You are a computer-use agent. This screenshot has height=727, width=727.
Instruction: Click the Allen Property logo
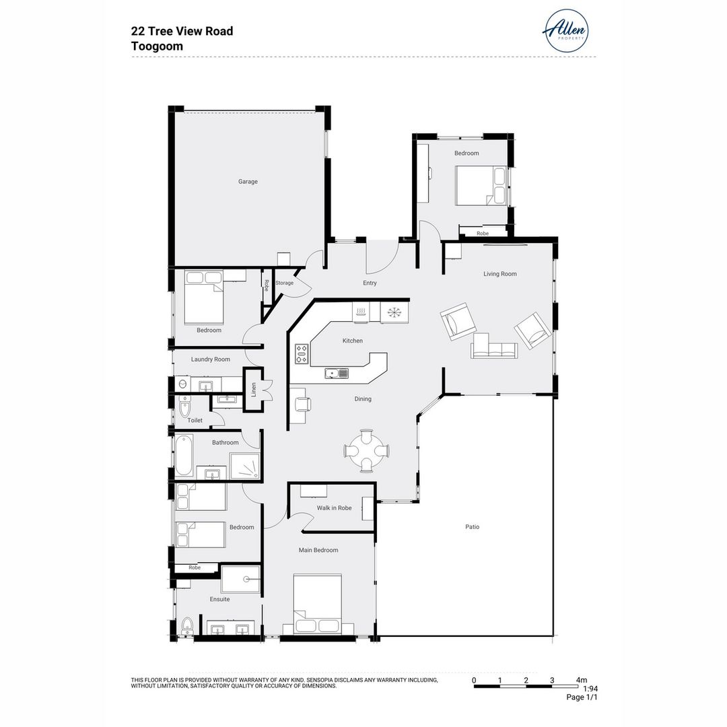[565, 31]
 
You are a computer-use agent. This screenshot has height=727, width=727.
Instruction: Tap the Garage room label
[248, 182]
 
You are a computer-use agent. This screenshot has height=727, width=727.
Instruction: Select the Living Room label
[499, 274]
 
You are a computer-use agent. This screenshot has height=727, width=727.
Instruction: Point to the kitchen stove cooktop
[302, 354]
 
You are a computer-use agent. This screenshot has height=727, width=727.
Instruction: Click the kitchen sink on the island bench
[336, 374]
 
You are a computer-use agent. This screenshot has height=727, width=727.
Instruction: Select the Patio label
[472, 527]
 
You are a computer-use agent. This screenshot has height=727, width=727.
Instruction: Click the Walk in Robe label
[335, 508]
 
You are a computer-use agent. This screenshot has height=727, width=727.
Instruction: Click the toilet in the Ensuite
[186, 627]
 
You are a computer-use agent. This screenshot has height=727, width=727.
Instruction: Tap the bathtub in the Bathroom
[184, 456]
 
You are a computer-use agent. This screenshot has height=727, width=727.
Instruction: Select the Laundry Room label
[210, 359]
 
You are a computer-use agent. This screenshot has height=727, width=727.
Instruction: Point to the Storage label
[284, 283]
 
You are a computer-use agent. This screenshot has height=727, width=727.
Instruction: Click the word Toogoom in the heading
[157, 46]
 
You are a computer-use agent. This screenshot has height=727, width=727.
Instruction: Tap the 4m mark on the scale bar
[581, 680]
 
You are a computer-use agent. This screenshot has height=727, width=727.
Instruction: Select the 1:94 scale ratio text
[590, 689]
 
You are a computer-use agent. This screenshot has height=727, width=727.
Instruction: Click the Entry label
[370, 283]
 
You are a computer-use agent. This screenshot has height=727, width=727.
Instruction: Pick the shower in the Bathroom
[244, 465]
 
